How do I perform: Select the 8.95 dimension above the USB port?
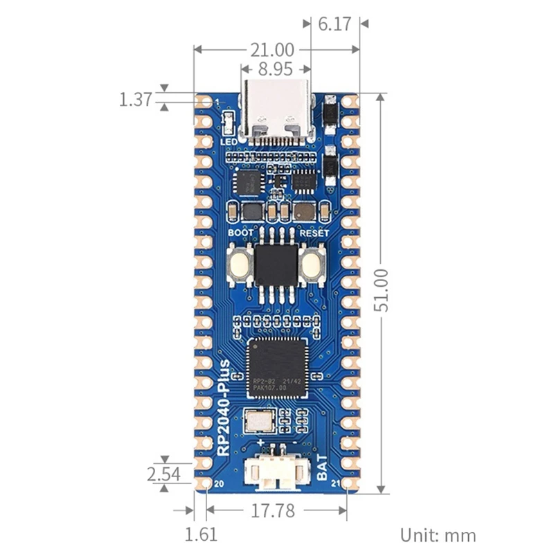pos(275,69)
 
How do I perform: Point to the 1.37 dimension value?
pos(135,100)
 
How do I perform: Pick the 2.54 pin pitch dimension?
pos(163,474)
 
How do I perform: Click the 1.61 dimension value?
pos(202,535)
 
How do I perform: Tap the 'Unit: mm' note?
pos(438,535)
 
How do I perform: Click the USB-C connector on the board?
pos(276,114)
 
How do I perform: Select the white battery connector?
pos(276,472)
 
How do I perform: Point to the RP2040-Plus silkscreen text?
pos(225,408)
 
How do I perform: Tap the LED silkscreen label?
pos(229,141)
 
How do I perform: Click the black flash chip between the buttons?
pos(276,265)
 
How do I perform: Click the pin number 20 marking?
pos(220,483)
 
